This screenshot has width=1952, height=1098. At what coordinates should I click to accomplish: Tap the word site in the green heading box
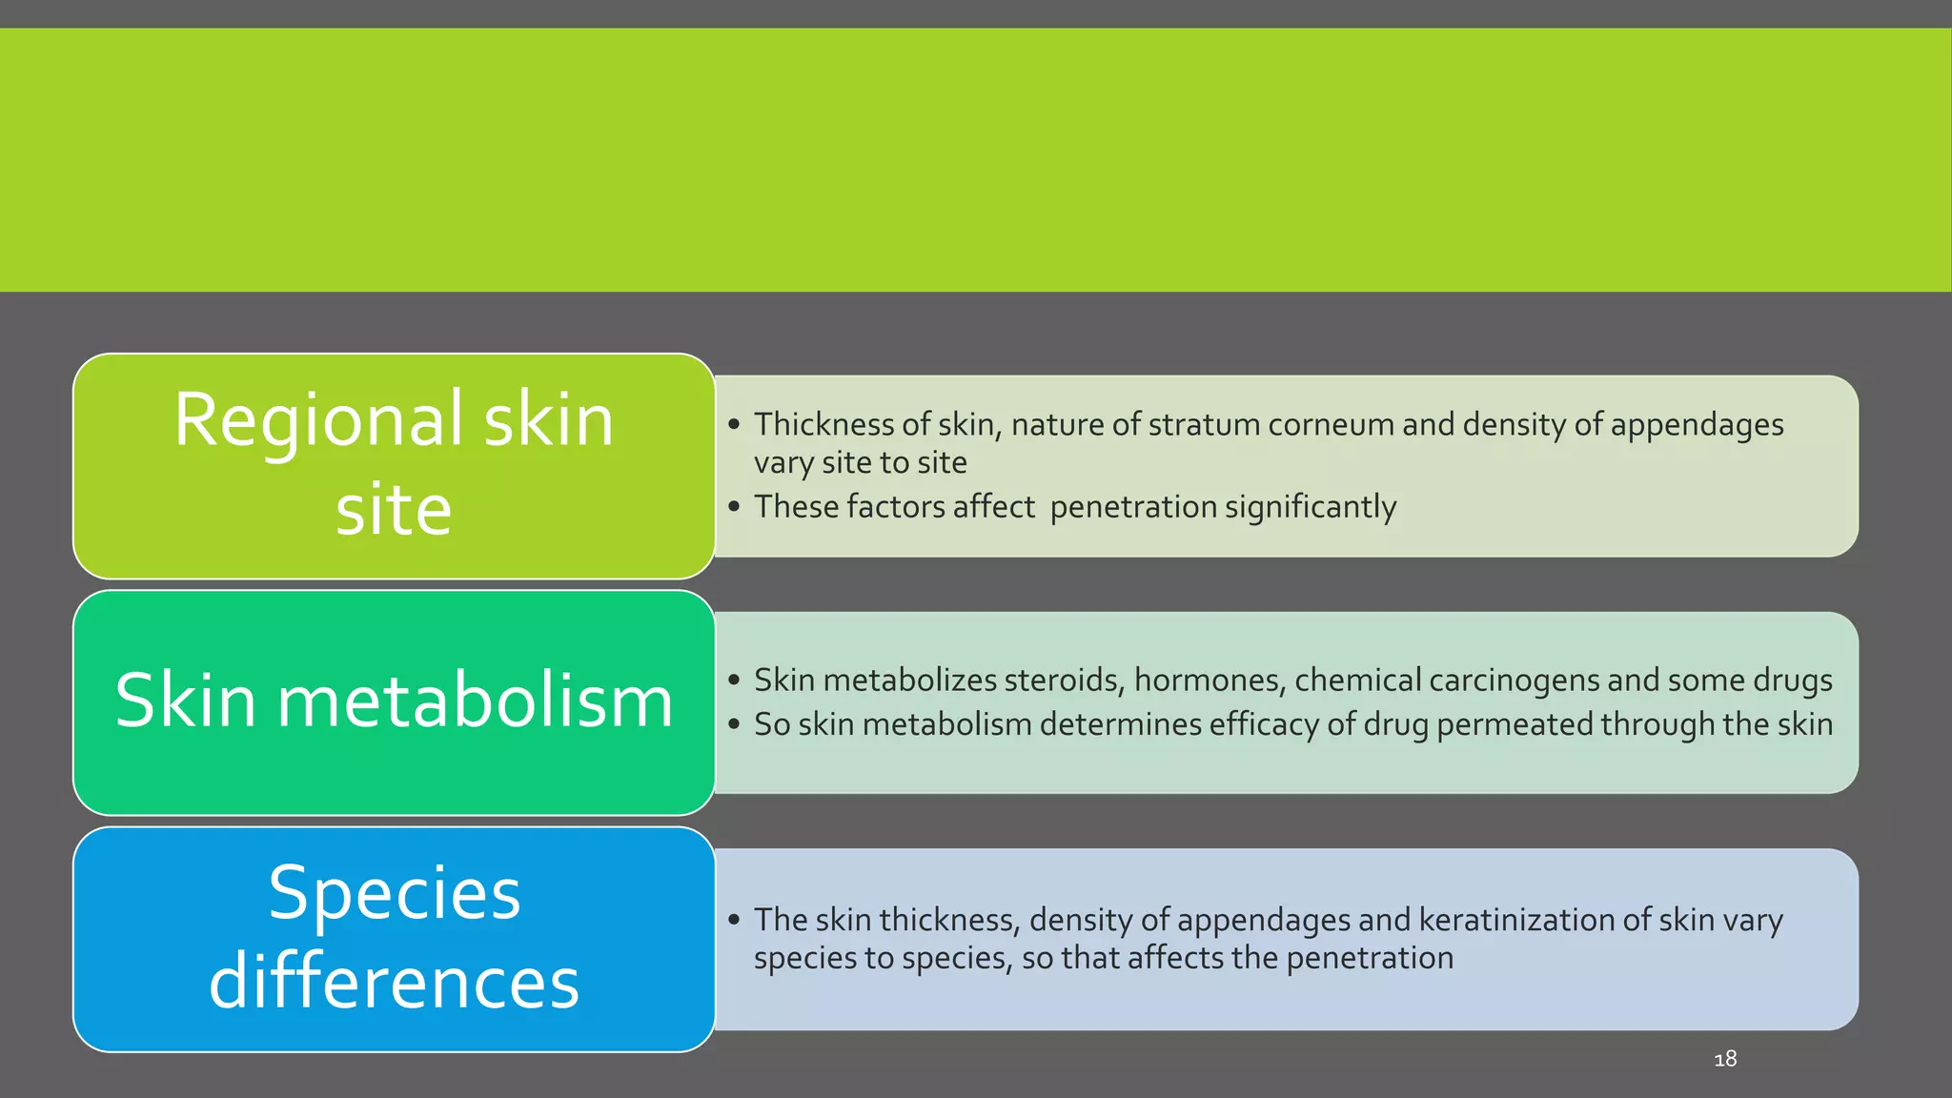pyautogui.click(x=393, y=510)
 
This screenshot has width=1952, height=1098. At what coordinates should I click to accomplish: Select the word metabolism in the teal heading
pyautogui.click(x=475, y=701)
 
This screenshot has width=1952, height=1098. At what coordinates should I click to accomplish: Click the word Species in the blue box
pyautogui.click(x=394, y=894)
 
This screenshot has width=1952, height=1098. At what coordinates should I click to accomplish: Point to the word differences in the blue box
pyautogui.click(x=394, y=983)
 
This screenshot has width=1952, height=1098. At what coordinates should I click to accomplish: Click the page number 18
pyautogui.click(x=1725, y=1059)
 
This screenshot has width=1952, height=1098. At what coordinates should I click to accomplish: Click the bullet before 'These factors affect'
pyautogui.click(x=733, y=506)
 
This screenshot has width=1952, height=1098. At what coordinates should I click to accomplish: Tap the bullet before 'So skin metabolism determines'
pyautogui.click(x=733, y=724)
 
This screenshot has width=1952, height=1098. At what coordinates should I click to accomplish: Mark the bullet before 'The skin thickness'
pyautogui.click(x=733, y=920)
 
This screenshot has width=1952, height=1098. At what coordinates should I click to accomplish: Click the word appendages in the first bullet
pyautogui.click(x=1697, y=424)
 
